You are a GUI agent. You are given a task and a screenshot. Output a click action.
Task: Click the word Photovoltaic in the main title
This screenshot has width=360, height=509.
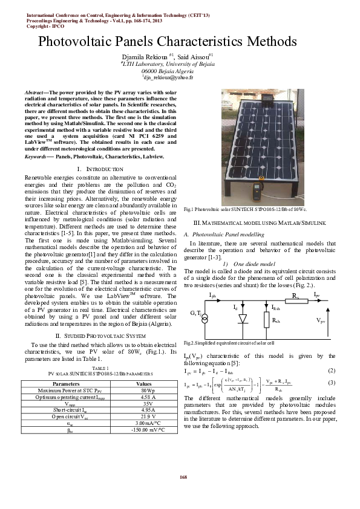pyautogui.click(x=75, y=42)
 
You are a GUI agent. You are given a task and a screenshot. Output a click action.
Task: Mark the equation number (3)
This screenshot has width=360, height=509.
pyautogui.click(x=331, y=383)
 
